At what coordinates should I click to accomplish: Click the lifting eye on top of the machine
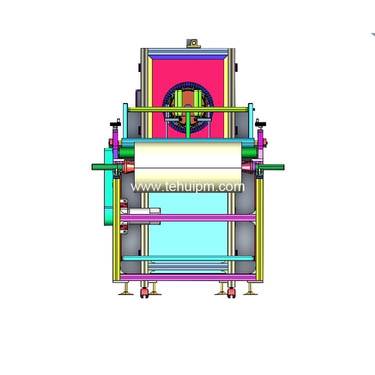tap(193, 44)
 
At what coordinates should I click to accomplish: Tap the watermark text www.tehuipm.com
tap(187, 186)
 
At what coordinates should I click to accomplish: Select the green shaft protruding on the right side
tap(270, 167)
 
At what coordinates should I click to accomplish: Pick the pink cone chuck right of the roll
tap(248, 166)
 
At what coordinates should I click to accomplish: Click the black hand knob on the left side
tap(115, 124)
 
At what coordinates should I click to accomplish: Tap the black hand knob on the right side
tap(260, 124)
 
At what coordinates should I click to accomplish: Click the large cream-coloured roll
tap(188, 166)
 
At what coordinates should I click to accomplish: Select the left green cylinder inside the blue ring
tap(178, 103)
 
